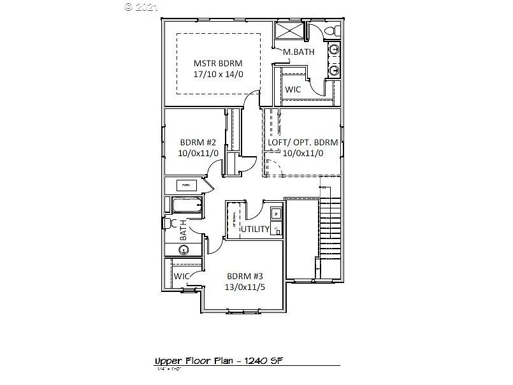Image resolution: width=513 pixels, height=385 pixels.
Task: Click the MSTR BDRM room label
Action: (x=218, y=63)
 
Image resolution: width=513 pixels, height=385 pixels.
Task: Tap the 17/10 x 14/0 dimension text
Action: (x=218, y=74)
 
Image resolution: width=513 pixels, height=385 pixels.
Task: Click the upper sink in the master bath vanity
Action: (x=334, y=50)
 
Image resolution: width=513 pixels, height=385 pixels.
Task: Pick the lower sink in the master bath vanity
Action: (x=334, y=69)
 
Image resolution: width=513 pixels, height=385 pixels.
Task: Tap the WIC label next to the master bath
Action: (x=293, y=89)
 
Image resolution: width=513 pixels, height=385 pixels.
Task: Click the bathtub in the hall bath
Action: (x=186, y=205)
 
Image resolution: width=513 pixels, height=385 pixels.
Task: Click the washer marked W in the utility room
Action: (x=275, y=213)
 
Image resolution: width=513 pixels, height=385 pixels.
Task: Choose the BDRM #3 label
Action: (x=245, y=276)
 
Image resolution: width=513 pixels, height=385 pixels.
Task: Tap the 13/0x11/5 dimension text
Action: (x=245, y=287)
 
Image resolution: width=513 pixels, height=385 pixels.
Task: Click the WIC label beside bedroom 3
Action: (x=183, y=276)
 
